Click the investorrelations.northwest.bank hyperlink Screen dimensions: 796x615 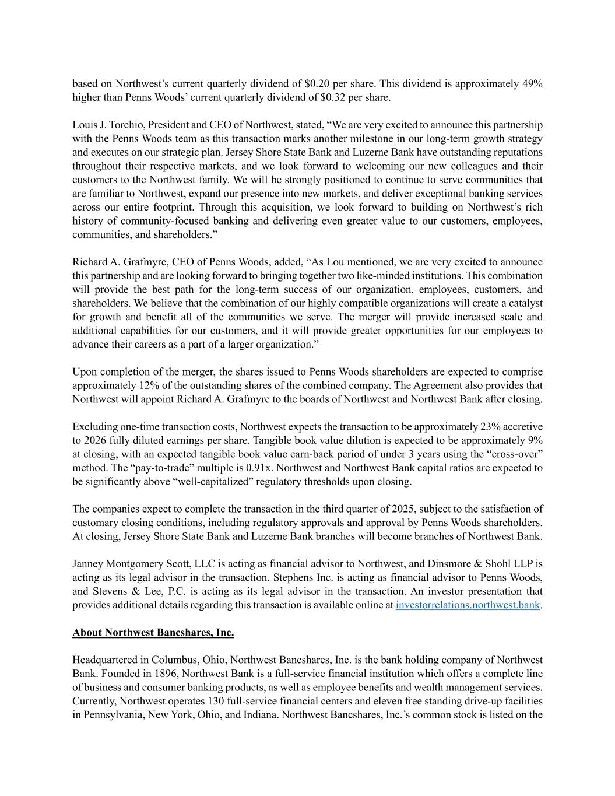(467, 605)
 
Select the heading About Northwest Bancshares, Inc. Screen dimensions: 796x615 (153, 632)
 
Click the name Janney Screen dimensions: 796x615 (89, 564)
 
